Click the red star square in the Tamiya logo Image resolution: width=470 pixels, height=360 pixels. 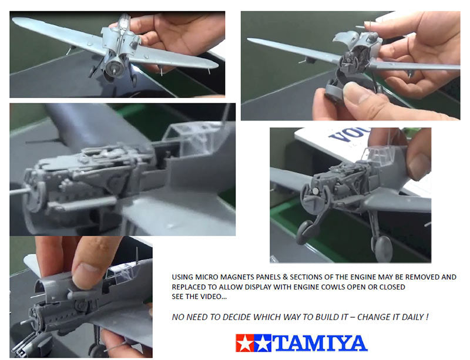point(245,343)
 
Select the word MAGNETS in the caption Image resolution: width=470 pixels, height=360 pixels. point(234,277)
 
